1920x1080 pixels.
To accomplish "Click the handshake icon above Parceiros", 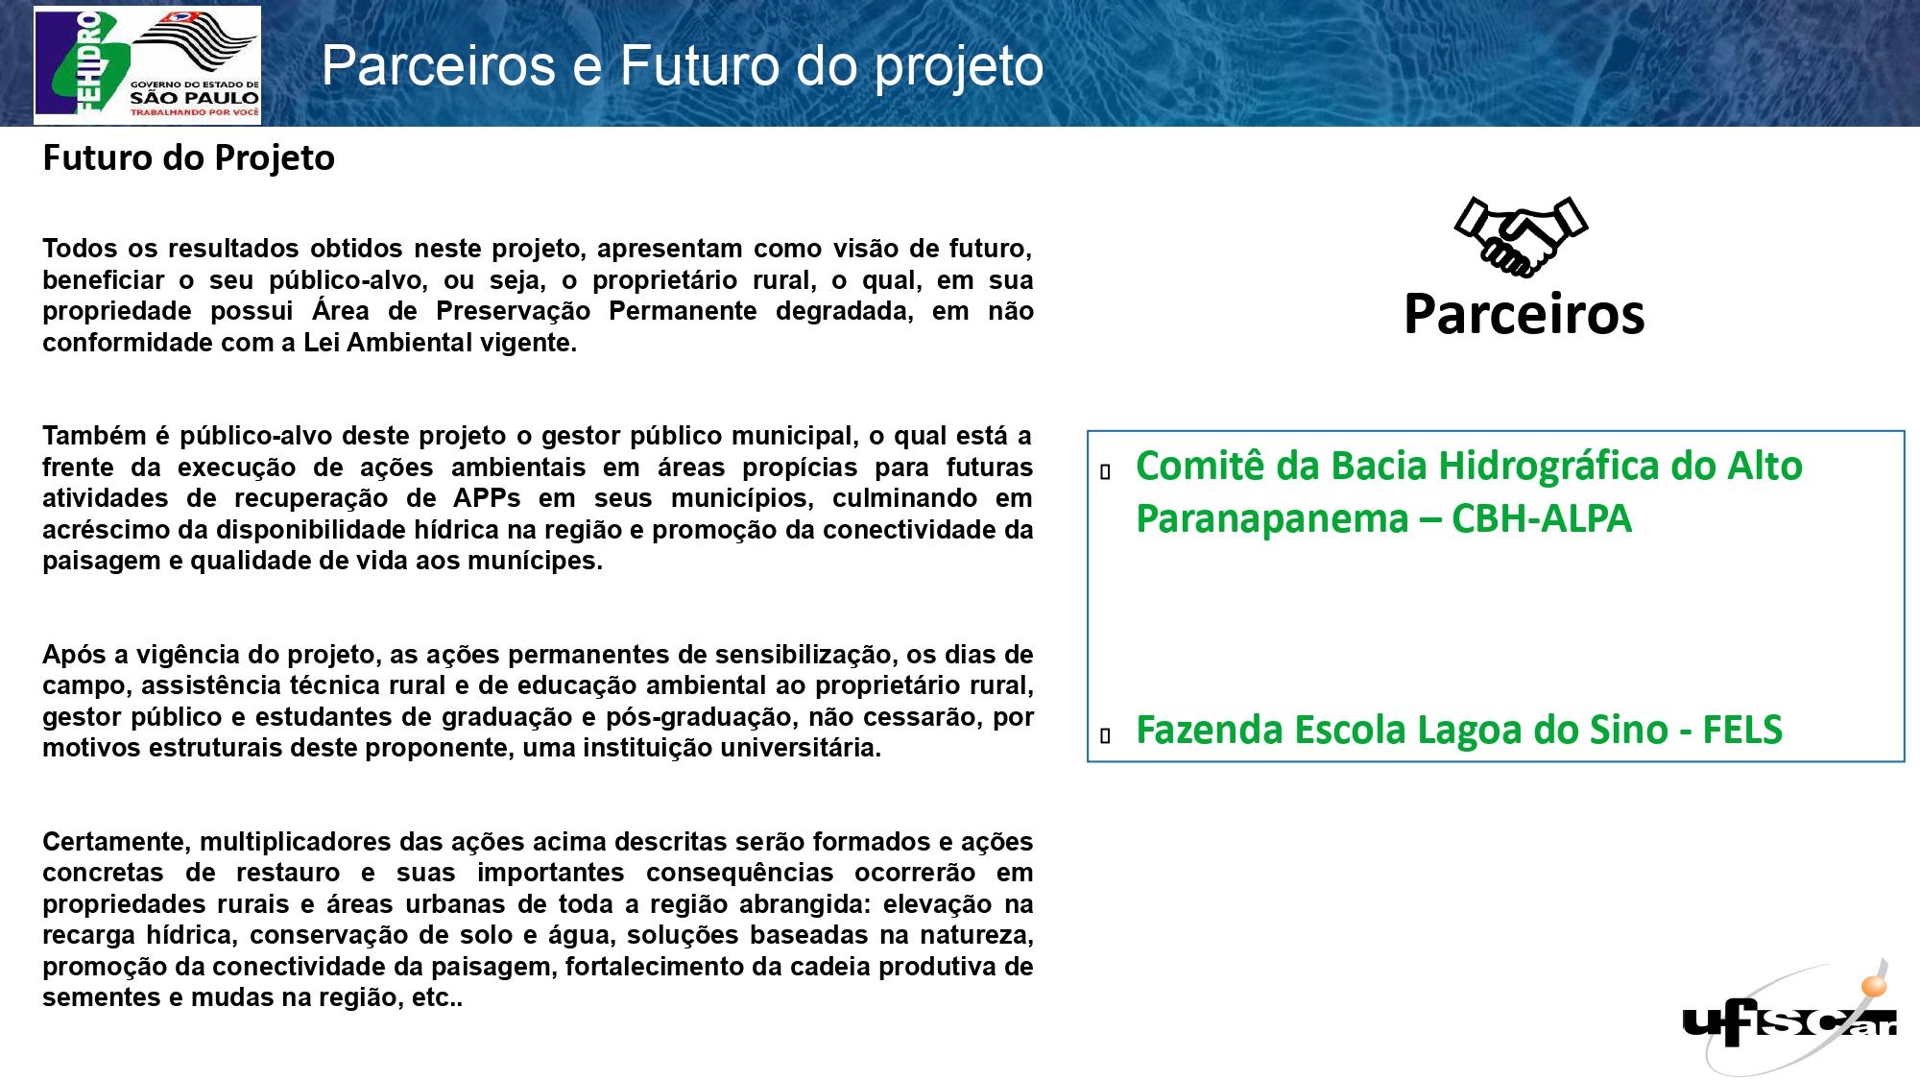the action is [x=1521, y=236].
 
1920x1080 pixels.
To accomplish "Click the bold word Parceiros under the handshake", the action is [x=1524, y=314].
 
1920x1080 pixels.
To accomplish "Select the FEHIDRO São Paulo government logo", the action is [x=147, y=64].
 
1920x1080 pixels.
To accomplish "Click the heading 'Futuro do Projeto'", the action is [x=189, y=158].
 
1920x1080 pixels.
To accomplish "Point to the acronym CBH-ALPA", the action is [x=1542, y=518].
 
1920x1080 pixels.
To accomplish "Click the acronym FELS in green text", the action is [x=1742, y=730].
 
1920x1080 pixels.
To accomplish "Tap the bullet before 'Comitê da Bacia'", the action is [x=1106, y=471].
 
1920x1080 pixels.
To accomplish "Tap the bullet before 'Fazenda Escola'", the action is [x=1106, y=735].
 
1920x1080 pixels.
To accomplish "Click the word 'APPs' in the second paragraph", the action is [x=487, y=498].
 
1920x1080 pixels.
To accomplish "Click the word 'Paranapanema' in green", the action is [x=1272, y=519].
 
